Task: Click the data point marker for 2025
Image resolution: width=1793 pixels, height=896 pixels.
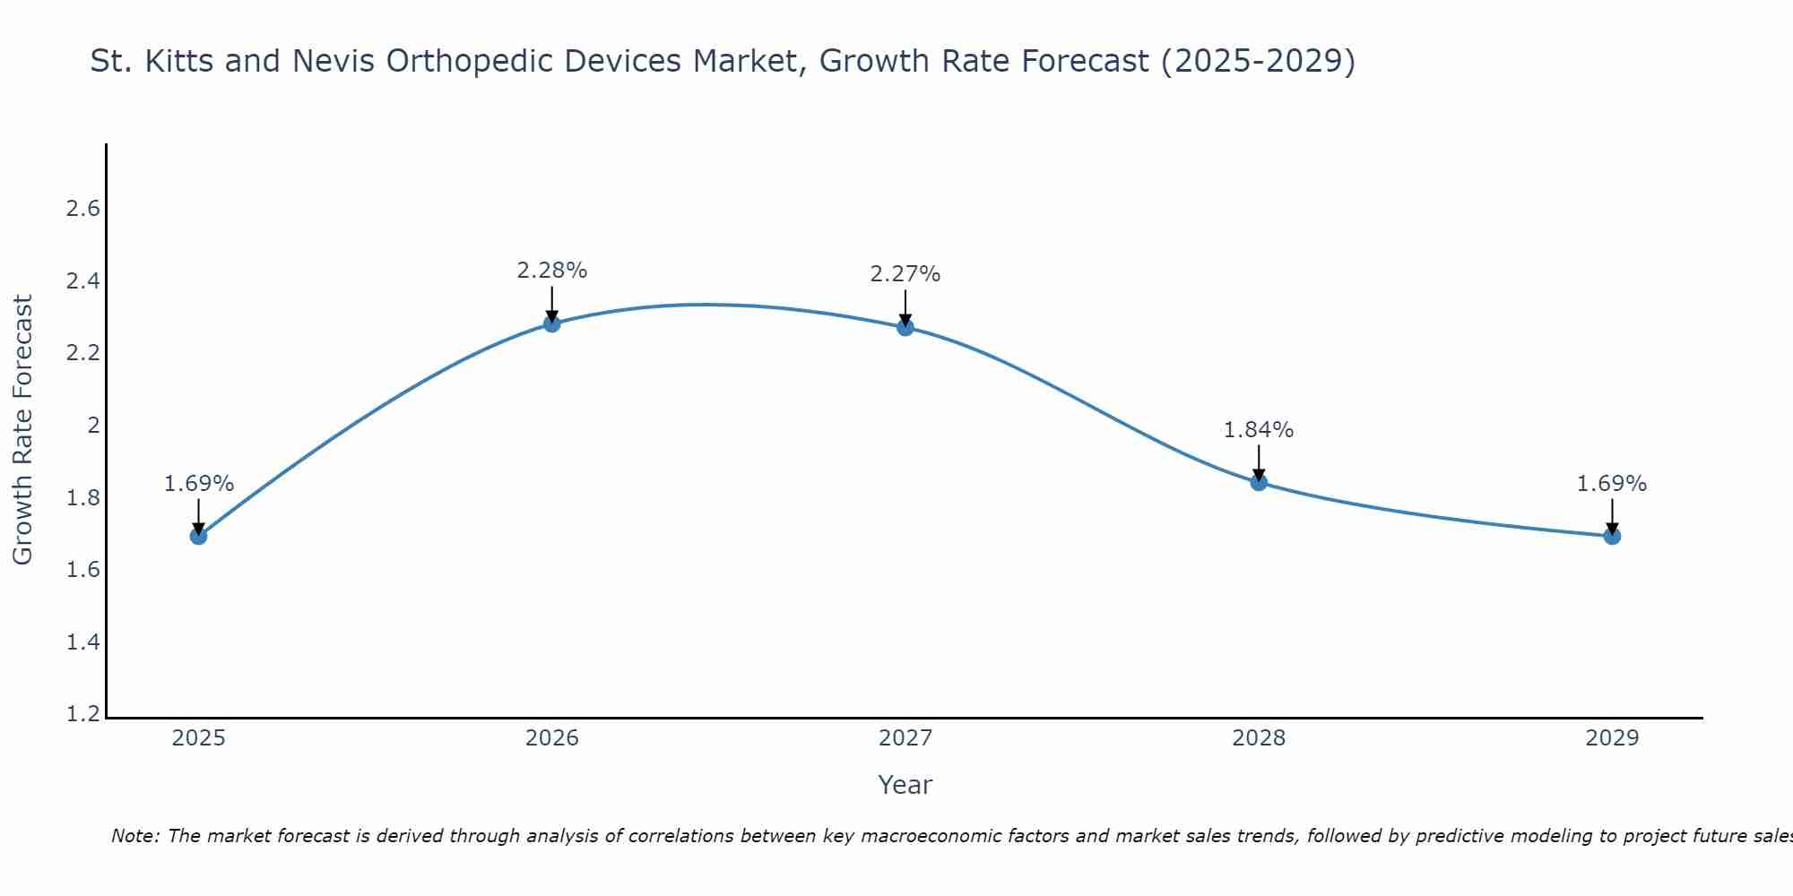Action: point(198,536)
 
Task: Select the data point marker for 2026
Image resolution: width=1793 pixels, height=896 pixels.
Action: point(552,323)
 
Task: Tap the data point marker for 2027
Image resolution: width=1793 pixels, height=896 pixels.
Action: point(905,327)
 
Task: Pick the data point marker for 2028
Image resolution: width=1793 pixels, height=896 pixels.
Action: point(1259,482)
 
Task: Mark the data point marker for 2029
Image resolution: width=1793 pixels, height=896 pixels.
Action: point(1612,536)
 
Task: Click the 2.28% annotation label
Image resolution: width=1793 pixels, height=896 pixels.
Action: point(552,270)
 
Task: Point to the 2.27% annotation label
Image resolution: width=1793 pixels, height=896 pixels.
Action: point(905,274)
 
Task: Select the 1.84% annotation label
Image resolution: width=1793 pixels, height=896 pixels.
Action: point(1259,430)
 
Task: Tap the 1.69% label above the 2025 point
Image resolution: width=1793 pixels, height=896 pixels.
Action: point(199,484)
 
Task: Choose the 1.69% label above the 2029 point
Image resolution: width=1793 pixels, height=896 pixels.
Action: point(1612,484)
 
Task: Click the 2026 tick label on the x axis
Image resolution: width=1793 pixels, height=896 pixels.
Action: point(552,738)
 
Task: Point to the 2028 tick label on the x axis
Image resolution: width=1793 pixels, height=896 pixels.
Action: point(1259,738)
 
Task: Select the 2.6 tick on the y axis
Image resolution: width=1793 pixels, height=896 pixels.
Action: point(82,209)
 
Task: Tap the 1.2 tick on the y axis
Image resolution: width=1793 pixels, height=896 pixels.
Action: point(82,714)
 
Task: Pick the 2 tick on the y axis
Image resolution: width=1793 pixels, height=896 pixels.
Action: point(93,426)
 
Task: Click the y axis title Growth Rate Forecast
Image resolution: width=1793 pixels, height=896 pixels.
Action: point(22,430)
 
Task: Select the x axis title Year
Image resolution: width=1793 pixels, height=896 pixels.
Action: point(905,785)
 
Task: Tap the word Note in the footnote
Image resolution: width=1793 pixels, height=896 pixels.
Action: point(134,836)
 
